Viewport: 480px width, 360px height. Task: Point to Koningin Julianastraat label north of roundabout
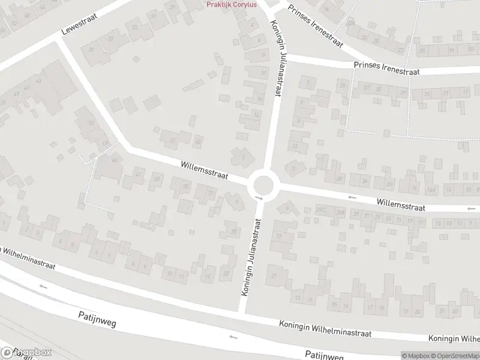tap(277, 59)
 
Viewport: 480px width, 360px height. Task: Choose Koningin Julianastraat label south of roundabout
tap(253, 256)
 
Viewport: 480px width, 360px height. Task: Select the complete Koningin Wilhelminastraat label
tap(325, 328)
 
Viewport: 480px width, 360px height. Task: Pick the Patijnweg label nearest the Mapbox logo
tap(97, 319)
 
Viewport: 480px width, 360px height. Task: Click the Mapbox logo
tap(26, 353)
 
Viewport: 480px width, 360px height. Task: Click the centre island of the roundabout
tap(263, 183)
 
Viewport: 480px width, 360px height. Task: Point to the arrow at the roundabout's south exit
tap(259, 197)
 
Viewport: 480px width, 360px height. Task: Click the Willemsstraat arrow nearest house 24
tap(352, 197)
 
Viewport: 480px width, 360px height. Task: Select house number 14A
tap(430, 190)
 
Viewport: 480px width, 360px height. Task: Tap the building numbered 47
tap(172, 140)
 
